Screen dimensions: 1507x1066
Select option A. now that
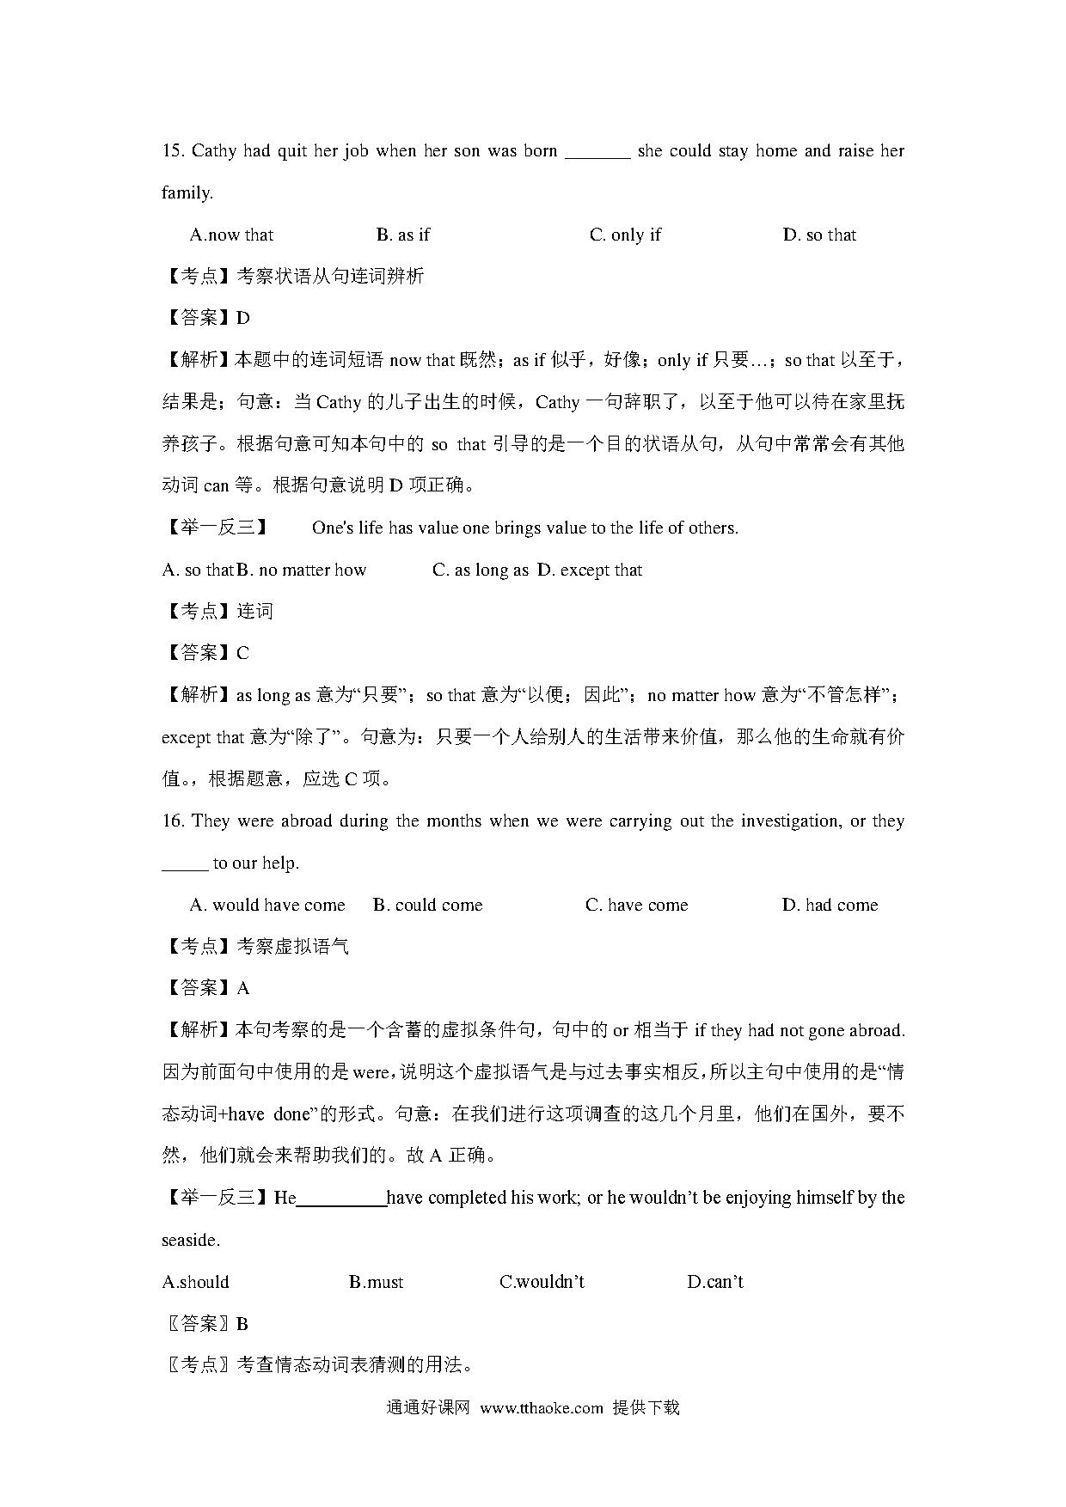pyautogui.click(x=231, y=235)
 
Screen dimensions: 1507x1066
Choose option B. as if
pyautogui.click(x=402, y=235)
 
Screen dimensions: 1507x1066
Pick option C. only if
pyautogui.click(x=625, y=235)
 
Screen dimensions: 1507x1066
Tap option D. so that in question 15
pyautogui.click(x=819, y=235)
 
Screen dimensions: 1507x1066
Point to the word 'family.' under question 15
pyautogui.click(x=187, y=193)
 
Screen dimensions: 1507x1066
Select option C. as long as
pyautogui.click(x=480, y=570)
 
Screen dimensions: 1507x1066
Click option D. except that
pyautogui.click(x=590, y=570)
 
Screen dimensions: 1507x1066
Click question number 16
pyautogui.click(x=173, y=821)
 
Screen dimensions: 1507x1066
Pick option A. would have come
pyautogui.click(x=267, y=906)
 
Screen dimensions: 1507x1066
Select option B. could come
pyautogui.click(x=428, y=906)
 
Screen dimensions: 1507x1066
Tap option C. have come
pyautogui.click(x=637, y=906)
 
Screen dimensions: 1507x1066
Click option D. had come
pyautogui.click(x=830, y=906)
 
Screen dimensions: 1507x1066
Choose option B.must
pyautogui.click(x=377, y=1283)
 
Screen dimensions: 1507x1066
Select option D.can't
pyautogui.click(x=715, y=1283)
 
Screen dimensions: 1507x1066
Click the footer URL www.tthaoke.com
pyautogui.click(x=542, y=1408)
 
